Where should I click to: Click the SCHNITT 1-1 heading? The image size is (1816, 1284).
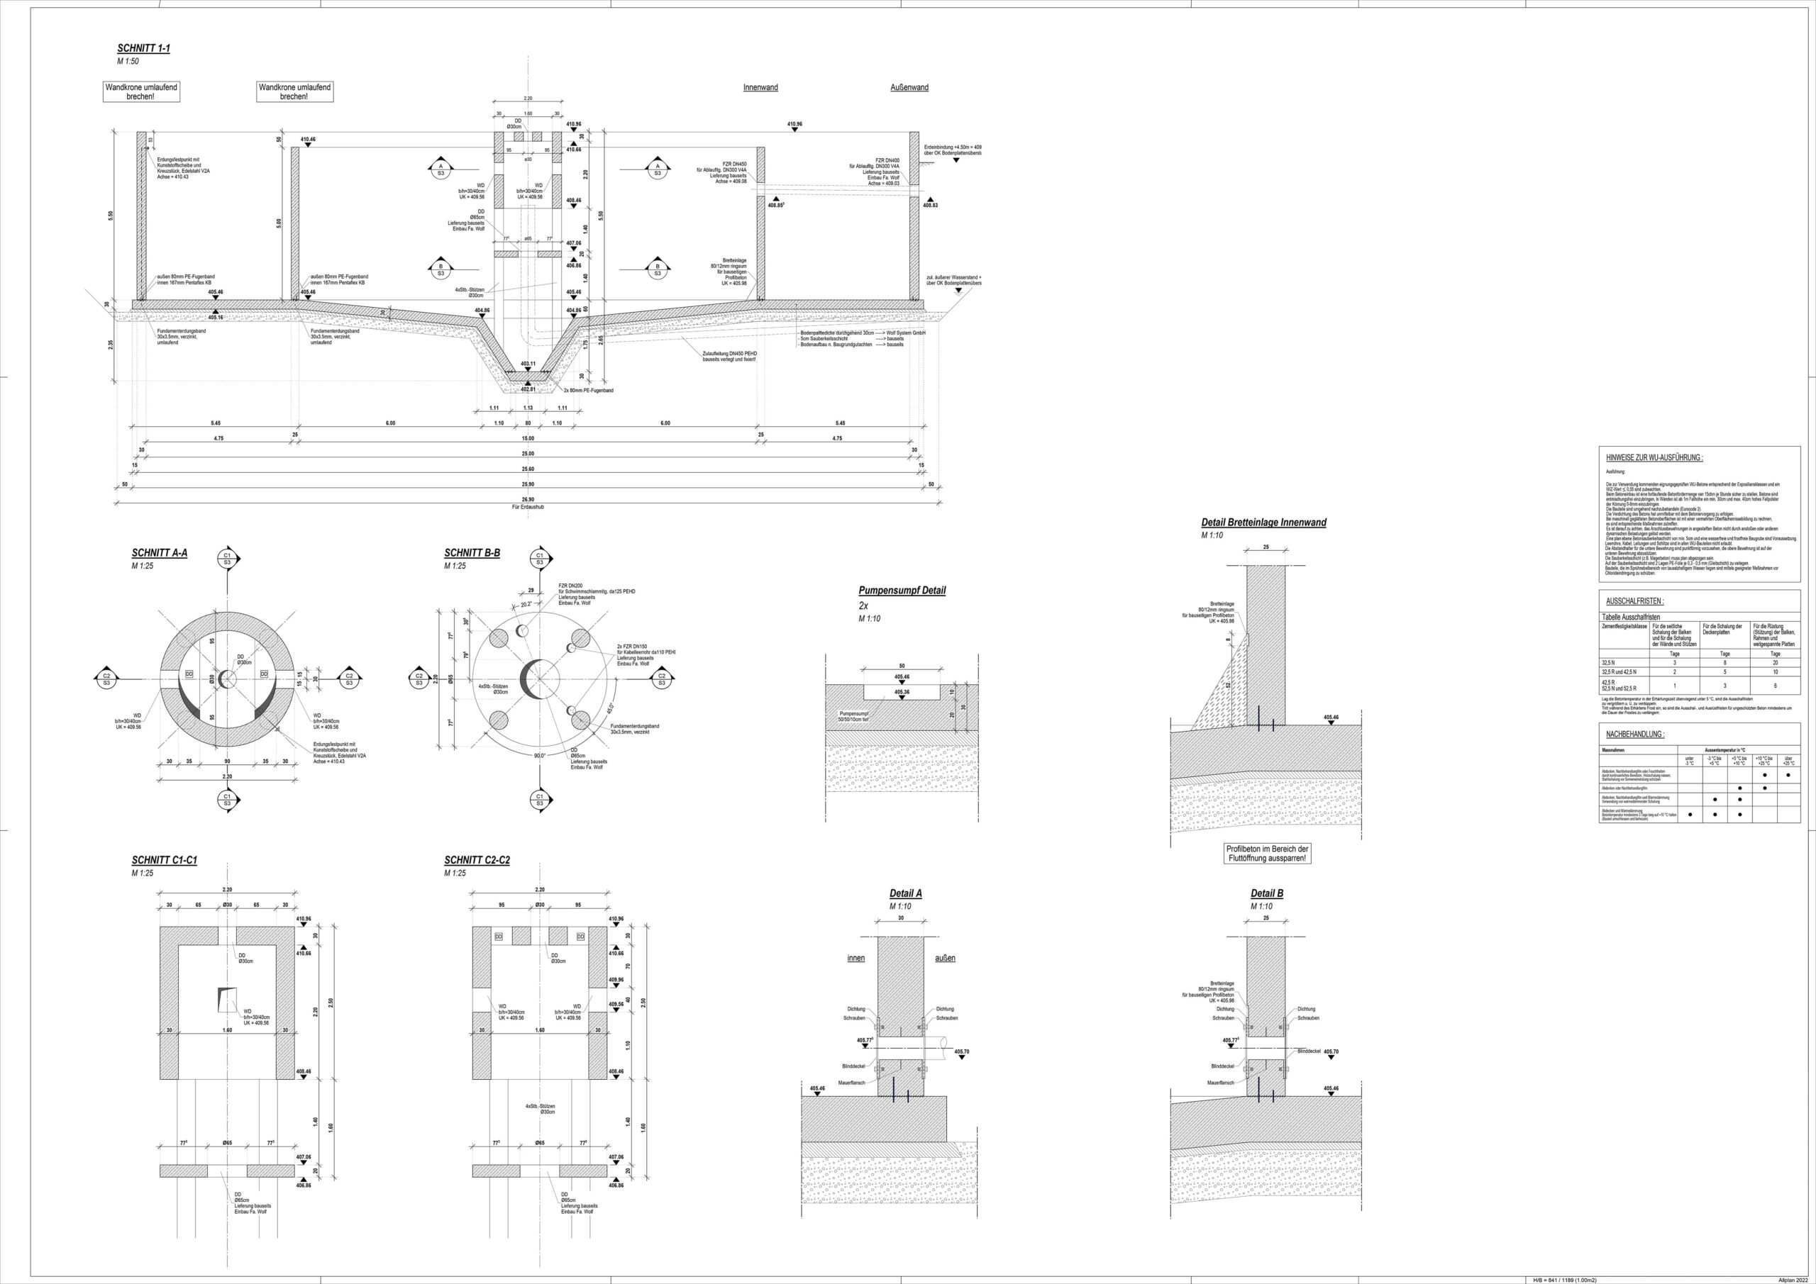click(x=143, y=49)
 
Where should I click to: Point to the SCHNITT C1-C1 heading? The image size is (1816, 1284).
click(x=164, y=860)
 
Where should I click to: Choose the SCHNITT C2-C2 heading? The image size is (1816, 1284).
click(x=476, y=860)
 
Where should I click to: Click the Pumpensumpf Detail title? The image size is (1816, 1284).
click(x=902, y=591)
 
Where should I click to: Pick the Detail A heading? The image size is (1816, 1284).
click(x=906, y=893)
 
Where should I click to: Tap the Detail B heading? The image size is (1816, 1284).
click(x=1266, y=893)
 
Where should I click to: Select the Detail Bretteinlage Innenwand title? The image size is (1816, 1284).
click(x=1263, y=523)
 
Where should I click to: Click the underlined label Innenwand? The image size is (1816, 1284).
click(x=760, y=88)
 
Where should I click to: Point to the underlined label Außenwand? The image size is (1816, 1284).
click(x=909, y=88)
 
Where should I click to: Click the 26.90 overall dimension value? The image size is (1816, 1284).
click(x=528, y=500)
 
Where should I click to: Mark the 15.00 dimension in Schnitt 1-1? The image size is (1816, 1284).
click(x=528, y=438)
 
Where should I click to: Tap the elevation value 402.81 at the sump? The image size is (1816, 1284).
click(x=528, y=389)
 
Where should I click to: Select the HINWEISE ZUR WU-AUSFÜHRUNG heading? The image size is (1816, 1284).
click(x=1654, y=458)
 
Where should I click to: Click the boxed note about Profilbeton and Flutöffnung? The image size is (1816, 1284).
click(x=1266, y=854)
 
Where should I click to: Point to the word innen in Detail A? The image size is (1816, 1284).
click(x=856, y=959)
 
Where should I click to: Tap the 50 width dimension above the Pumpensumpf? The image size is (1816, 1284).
click(x=902, y=666)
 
